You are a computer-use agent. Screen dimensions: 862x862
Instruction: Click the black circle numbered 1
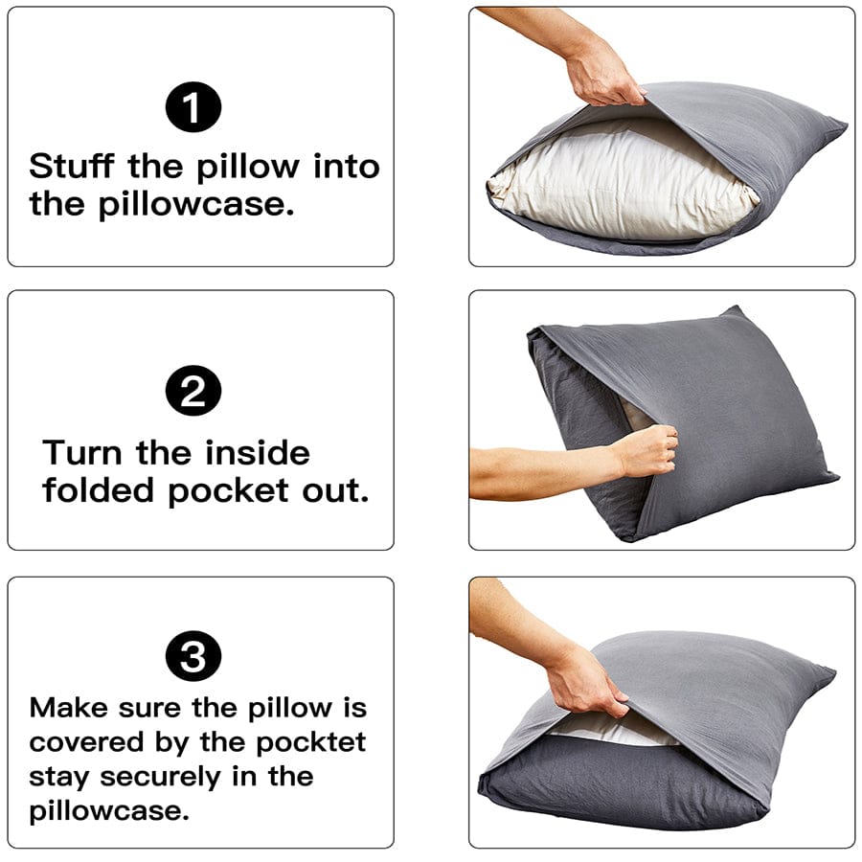[x=193, y=107]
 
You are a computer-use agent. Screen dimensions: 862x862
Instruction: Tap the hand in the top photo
[x=603, y=72]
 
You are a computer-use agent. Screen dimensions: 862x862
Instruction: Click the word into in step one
[x=346, y=167]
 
